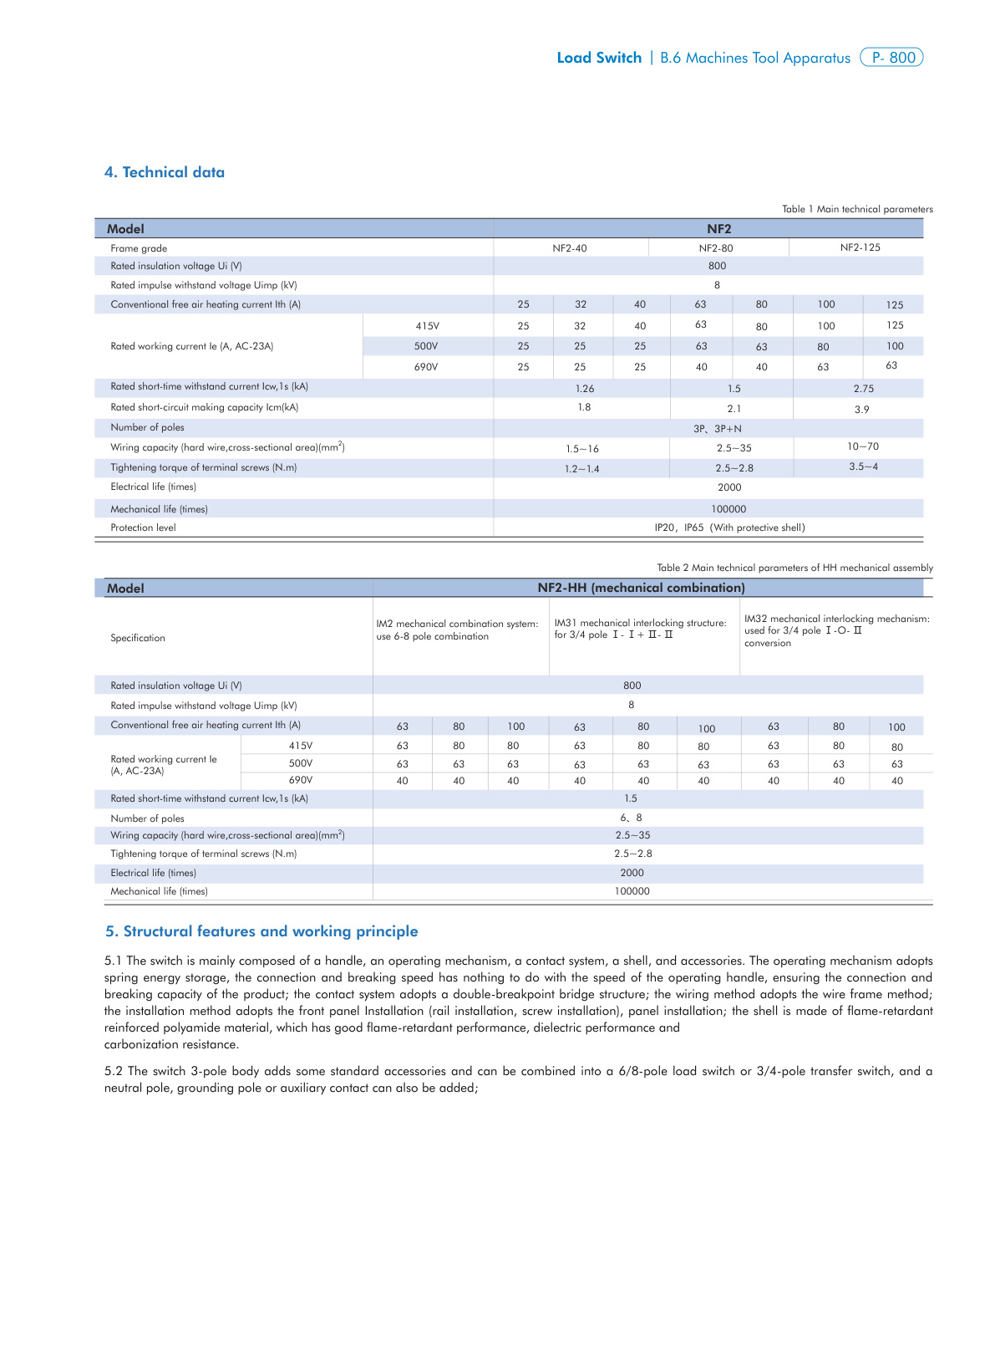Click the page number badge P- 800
coord(891,58)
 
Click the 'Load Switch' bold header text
coord(599,58)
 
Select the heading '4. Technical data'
coord(165,172)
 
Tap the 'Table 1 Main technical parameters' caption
coord(857,209)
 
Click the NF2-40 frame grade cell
coord(570,248)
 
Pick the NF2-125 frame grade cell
coord(860,247)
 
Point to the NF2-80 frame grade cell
coord(716,248)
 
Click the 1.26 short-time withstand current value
coord(585,389)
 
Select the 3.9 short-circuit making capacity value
coord(861,410)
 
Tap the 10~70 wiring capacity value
coord(863,446)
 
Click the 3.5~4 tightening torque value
coord(863,466)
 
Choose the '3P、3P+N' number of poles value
coord(717,429)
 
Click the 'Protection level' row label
coord(143,528)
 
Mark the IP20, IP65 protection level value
coord(729,528)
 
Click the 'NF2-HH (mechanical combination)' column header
coord(641,588)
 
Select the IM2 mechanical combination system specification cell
coord(457,630)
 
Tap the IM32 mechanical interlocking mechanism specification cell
coord(836,630)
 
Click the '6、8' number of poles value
coord(631,818)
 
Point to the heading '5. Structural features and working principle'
coord(261,931)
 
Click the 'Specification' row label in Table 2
coord(138,638)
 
